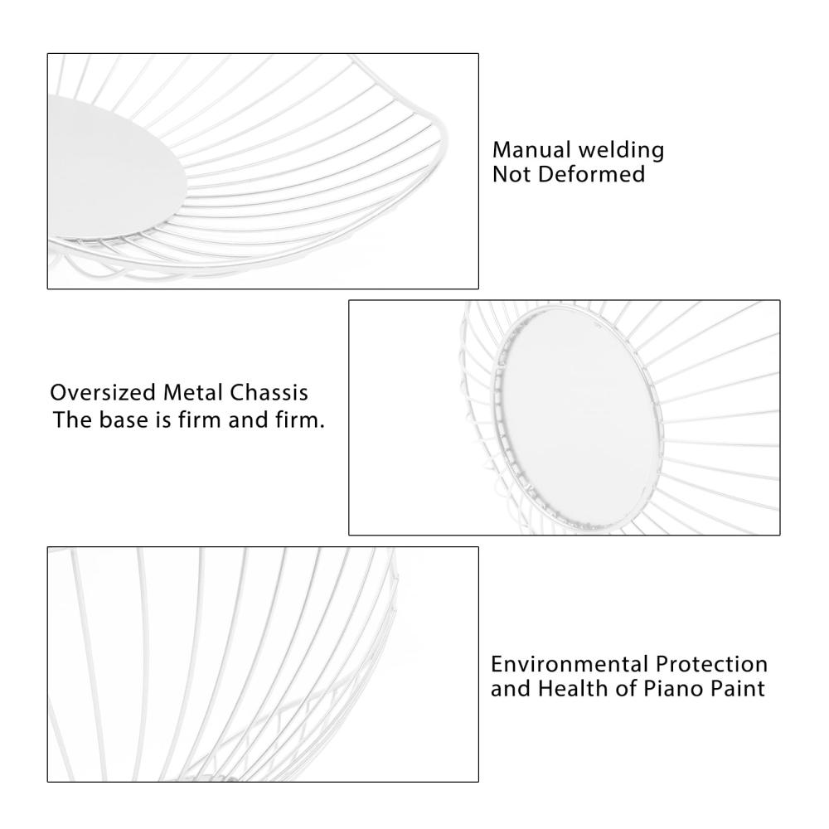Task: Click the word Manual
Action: pos(532,150)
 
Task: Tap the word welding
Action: pos(622,150)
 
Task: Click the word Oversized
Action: pos(103,393)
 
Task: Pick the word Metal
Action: pos(192,393)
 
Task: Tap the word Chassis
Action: pos(269,393)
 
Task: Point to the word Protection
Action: pos(711,664)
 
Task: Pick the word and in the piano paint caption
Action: pos(511,689)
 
